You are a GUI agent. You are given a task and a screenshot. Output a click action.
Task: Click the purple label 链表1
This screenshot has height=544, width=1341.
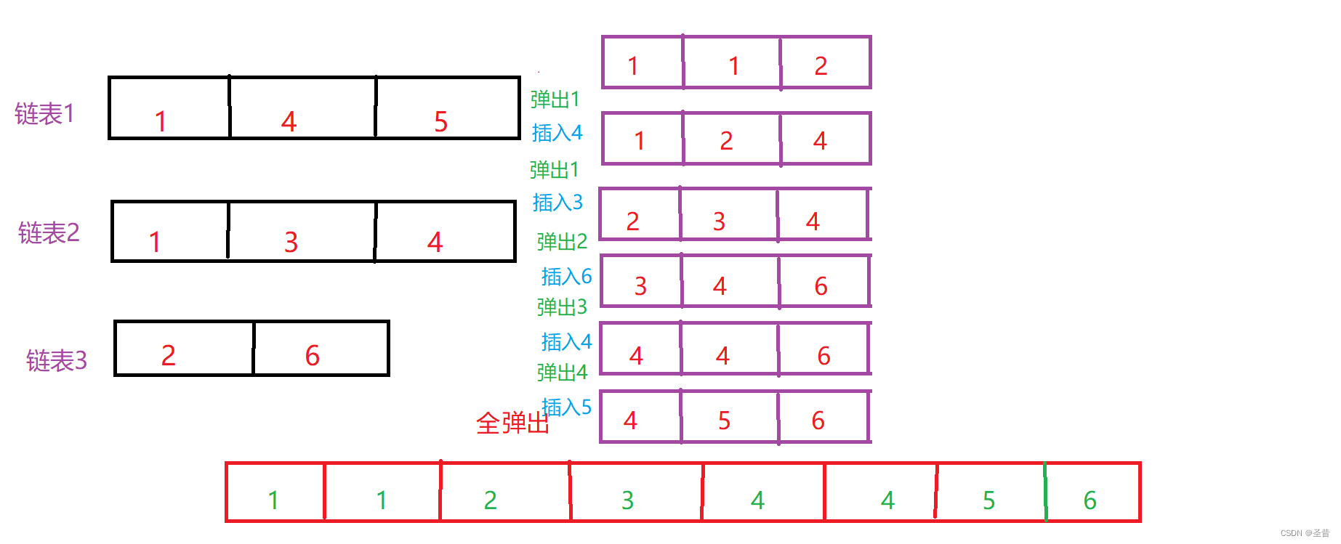(x=44, y=114)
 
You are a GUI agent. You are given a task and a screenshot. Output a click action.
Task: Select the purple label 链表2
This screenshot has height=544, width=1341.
(x=49, y=233)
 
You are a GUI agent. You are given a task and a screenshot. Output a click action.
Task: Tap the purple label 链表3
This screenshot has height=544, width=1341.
(x=57, y=360)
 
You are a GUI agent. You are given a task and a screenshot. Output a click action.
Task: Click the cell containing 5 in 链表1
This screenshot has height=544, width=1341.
(x=447, y=108)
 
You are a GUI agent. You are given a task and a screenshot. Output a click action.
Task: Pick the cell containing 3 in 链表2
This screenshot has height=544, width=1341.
(x=302, y=232)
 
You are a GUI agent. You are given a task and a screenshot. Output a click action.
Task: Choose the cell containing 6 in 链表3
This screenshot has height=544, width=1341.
(x=321, y=349)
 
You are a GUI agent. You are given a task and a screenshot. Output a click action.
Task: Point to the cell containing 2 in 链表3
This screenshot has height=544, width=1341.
(x=184, y=349)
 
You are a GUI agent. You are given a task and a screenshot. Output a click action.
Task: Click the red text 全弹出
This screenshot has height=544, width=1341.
(x=512, y=423)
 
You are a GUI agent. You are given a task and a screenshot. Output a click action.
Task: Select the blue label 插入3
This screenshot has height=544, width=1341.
(x=557, y=203)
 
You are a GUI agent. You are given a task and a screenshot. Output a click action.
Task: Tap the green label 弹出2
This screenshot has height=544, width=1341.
(x=562, y=242)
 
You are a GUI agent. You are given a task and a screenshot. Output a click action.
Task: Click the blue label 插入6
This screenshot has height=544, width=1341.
(x=566, y=277)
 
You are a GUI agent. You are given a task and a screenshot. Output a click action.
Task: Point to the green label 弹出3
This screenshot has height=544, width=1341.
(x=562, y=307)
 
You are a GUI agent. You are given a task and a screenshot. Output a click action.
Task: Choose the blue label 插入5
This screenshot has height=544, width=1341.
(x=566, y=407)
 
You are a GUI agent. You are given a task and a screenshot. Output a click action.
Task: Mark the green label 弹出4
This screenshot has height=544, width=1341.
(x=562, y=373)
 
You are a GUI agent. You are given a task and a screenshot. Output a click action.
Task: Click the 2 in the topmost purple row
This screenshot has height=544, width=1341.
(x=821, y=66)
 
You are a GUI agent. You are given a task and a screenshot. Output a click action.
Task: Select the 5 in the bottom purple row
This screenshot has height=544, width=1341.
(x=724, y=421)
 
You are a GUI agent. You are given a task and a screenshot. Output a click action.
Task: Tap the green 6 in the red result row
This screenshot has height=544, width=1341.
(x=1090, y=500)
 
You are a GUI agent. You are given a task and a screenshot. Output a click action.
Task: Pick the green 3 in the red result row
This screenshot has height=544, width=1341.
(x=628, y=500)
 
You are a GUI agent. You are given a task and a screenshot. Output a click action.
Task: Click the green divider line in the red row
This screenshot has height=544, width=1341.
(x=1045, y=492)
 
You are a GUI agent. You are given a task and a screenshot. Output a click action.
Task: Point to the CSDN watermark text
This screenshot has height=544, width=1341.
(x=1305, y=533)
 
